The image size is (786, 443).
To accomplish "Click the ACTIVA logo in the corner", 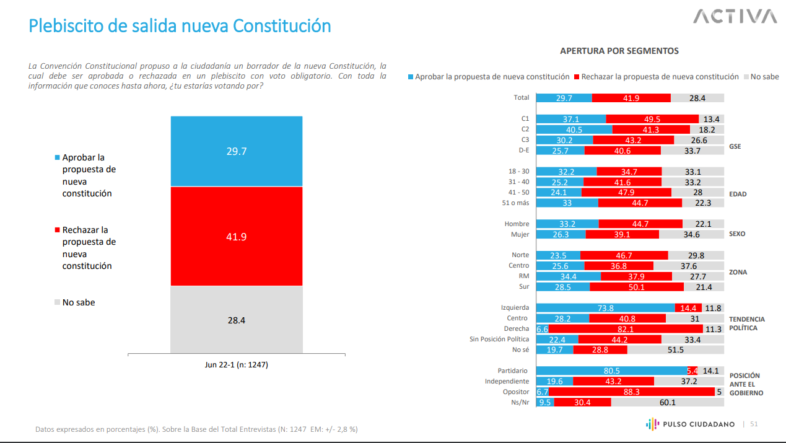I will point(735,17).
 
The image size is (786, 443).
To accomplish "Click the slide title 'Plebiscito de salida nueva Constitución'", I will point(180,26).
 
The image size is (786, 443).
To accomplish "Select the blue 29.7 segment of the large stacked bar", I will point(237,151).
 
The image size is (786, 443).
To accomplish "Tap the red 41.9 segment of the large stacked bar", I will point(237,236).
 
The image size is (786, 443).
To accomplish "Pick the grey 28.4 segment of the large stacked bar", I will point(237,320).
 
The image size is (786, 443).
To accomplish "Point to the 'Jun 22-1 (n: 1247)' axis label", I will point(237,365).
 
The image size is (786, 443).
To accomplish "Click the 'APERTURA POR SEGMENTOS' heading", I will point(619,51).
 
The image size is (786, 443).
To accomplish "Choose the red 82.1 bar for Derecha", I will point(626,329).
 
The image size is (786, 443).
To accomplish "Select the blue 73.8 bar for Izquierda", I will point(605,308).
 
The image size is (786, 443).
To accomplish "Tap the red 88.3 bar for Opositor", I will point(632,392).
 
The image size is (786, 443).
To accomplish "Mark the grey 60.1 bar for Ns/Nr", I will point(667,402).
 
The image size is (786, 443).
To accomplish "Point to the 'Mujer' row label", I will point(520,234).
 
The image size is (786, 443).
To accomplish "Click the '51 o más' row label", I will point(515,203).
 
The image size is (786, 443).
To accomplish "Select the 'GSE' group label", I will point(735,147).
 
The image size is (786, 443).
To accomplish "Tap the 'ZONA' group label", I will point(738,272).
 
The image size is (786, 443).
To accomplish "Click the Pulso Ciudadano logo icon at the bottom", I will point(650,424).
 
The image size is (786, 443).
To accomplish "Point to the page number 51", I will point(754,424).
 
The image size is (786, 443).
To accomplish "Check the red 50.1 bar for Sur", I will point(636,287).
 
